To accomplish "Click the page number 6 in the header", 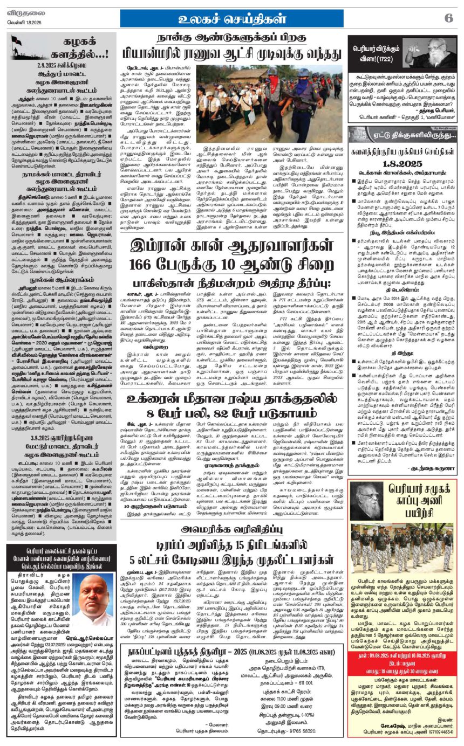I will [448, 17].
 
